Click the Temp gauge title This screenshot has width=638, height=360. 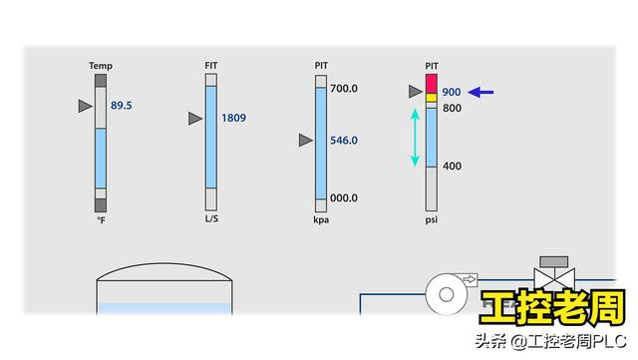click(x=101, y=66)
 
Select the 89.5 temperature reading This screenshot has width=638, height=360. click(x=122, y=106)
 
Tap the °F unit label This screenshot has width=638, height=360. click(x=101, y=220)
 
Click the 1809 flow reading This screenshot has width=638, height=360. click(x=233, y=118)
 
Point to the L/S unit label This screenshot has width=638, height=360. click(x=211, y=218)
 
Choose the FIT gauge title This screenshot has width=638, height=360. click(x=211, y=66)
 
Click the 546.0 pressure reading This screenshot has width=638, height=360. click(x=344, y=141)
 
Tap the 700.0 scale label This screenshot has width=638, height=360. click(x=344, y=89)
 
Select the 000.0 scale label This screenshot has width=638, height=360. click(x=344, y=197)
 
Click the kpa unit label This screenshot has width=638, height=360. click(x=321, y=220)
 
